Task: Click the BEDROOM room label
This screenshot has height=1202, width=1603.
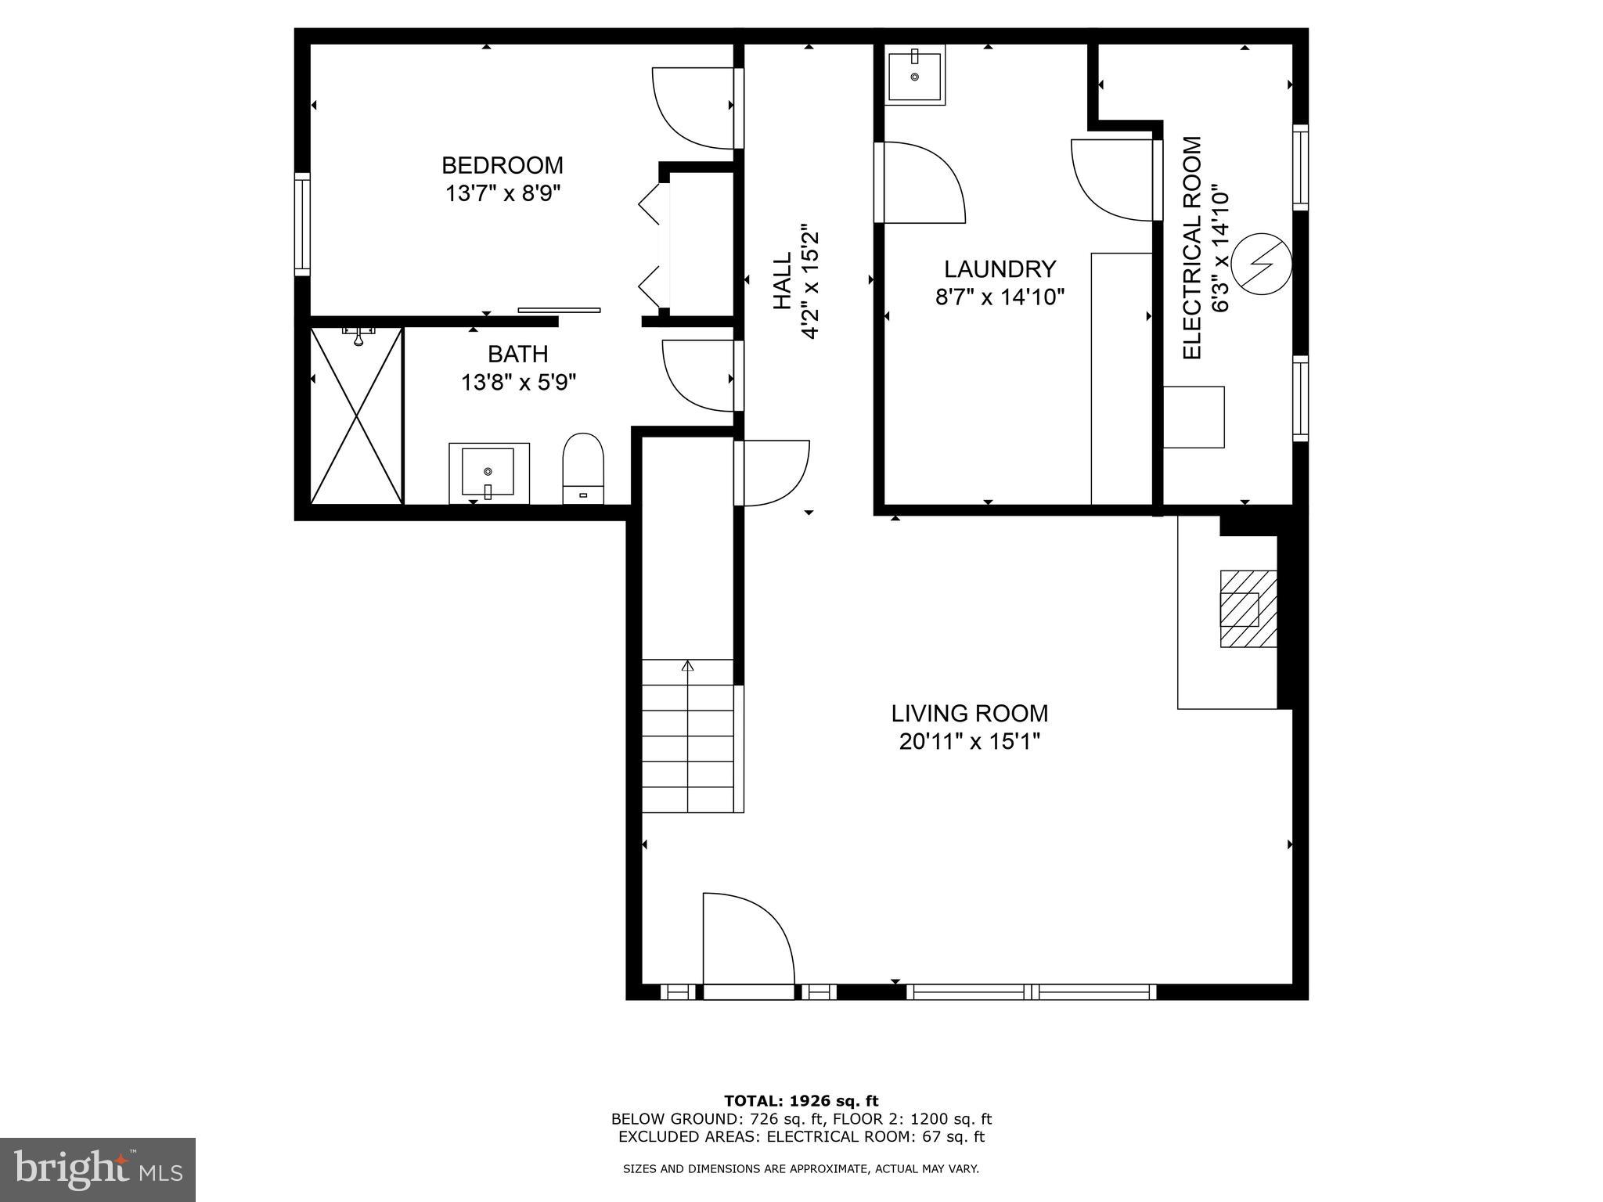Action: point(502,166)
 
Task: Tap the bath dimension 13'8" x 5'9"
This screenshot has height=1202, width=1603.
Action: point(518,383)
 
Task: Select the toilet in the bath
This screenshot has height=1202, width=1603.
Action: point(583,467)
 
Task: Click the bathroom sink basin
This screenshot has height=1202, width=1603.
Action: point(488,472)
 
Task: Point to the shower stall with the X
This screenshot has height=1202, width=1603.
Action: point(356,416)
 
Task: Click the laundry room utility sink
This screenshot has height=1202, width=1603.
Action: point(914,74)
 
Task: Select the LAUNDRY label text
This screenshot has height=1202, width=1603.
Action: point(1000,269)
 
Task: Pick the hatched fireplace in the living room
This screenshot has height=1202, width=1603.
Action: point(1248,608)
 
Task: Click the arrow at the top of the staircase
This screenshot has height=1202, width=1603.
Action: point(688,666)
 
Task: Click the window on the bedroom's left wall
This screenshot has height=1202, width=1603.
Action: point(302,224)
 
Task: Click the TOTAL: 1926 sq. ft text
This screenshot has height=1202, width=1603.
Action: point(801,1101)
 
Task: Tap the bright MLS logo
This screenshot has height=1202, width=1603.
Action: point(97,1169)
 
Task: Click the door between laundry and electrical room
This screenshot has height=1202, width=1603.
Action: point(1111,180)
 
